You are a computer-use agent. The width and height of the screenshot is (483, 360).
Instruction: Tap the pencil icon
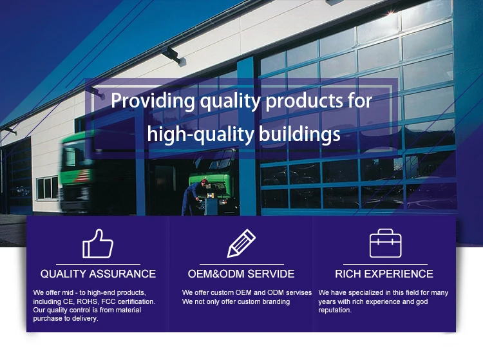coord(241,243)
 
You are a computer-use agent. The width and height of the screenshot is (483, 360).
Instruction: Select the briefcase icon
coord(385,243)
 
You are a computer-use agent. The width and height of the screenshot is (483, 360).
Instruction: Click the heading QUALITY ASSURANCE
coord(98,274)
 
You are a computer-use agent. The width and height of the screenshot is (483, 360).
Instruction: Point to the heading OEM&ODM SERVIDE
coord(241,274)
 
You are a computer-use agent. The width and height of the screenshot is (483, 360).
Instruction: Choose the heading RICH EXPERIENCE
coord(384,274)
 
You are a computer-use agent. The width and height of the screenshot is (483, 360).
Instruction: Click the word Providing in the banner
coord(153,101)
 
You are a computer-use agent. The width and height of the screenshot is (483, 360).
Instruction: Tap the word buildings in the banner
coord(299,135)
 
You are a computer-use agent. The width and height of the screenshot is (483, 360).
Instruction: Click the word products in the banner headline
coord(304,101)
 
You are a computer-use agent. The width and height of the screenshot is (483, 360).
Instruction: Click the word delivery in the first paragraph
coord(86,318)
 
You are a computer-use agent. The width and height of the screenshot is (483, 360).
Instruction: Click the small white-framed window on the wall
coord(47,188)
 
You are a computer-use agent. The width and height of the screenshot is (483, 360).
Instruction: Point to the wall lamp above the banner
coord(174,57)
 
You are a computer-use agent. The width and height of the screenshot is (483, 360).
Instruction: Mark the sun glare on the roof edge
coord(391,12)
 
